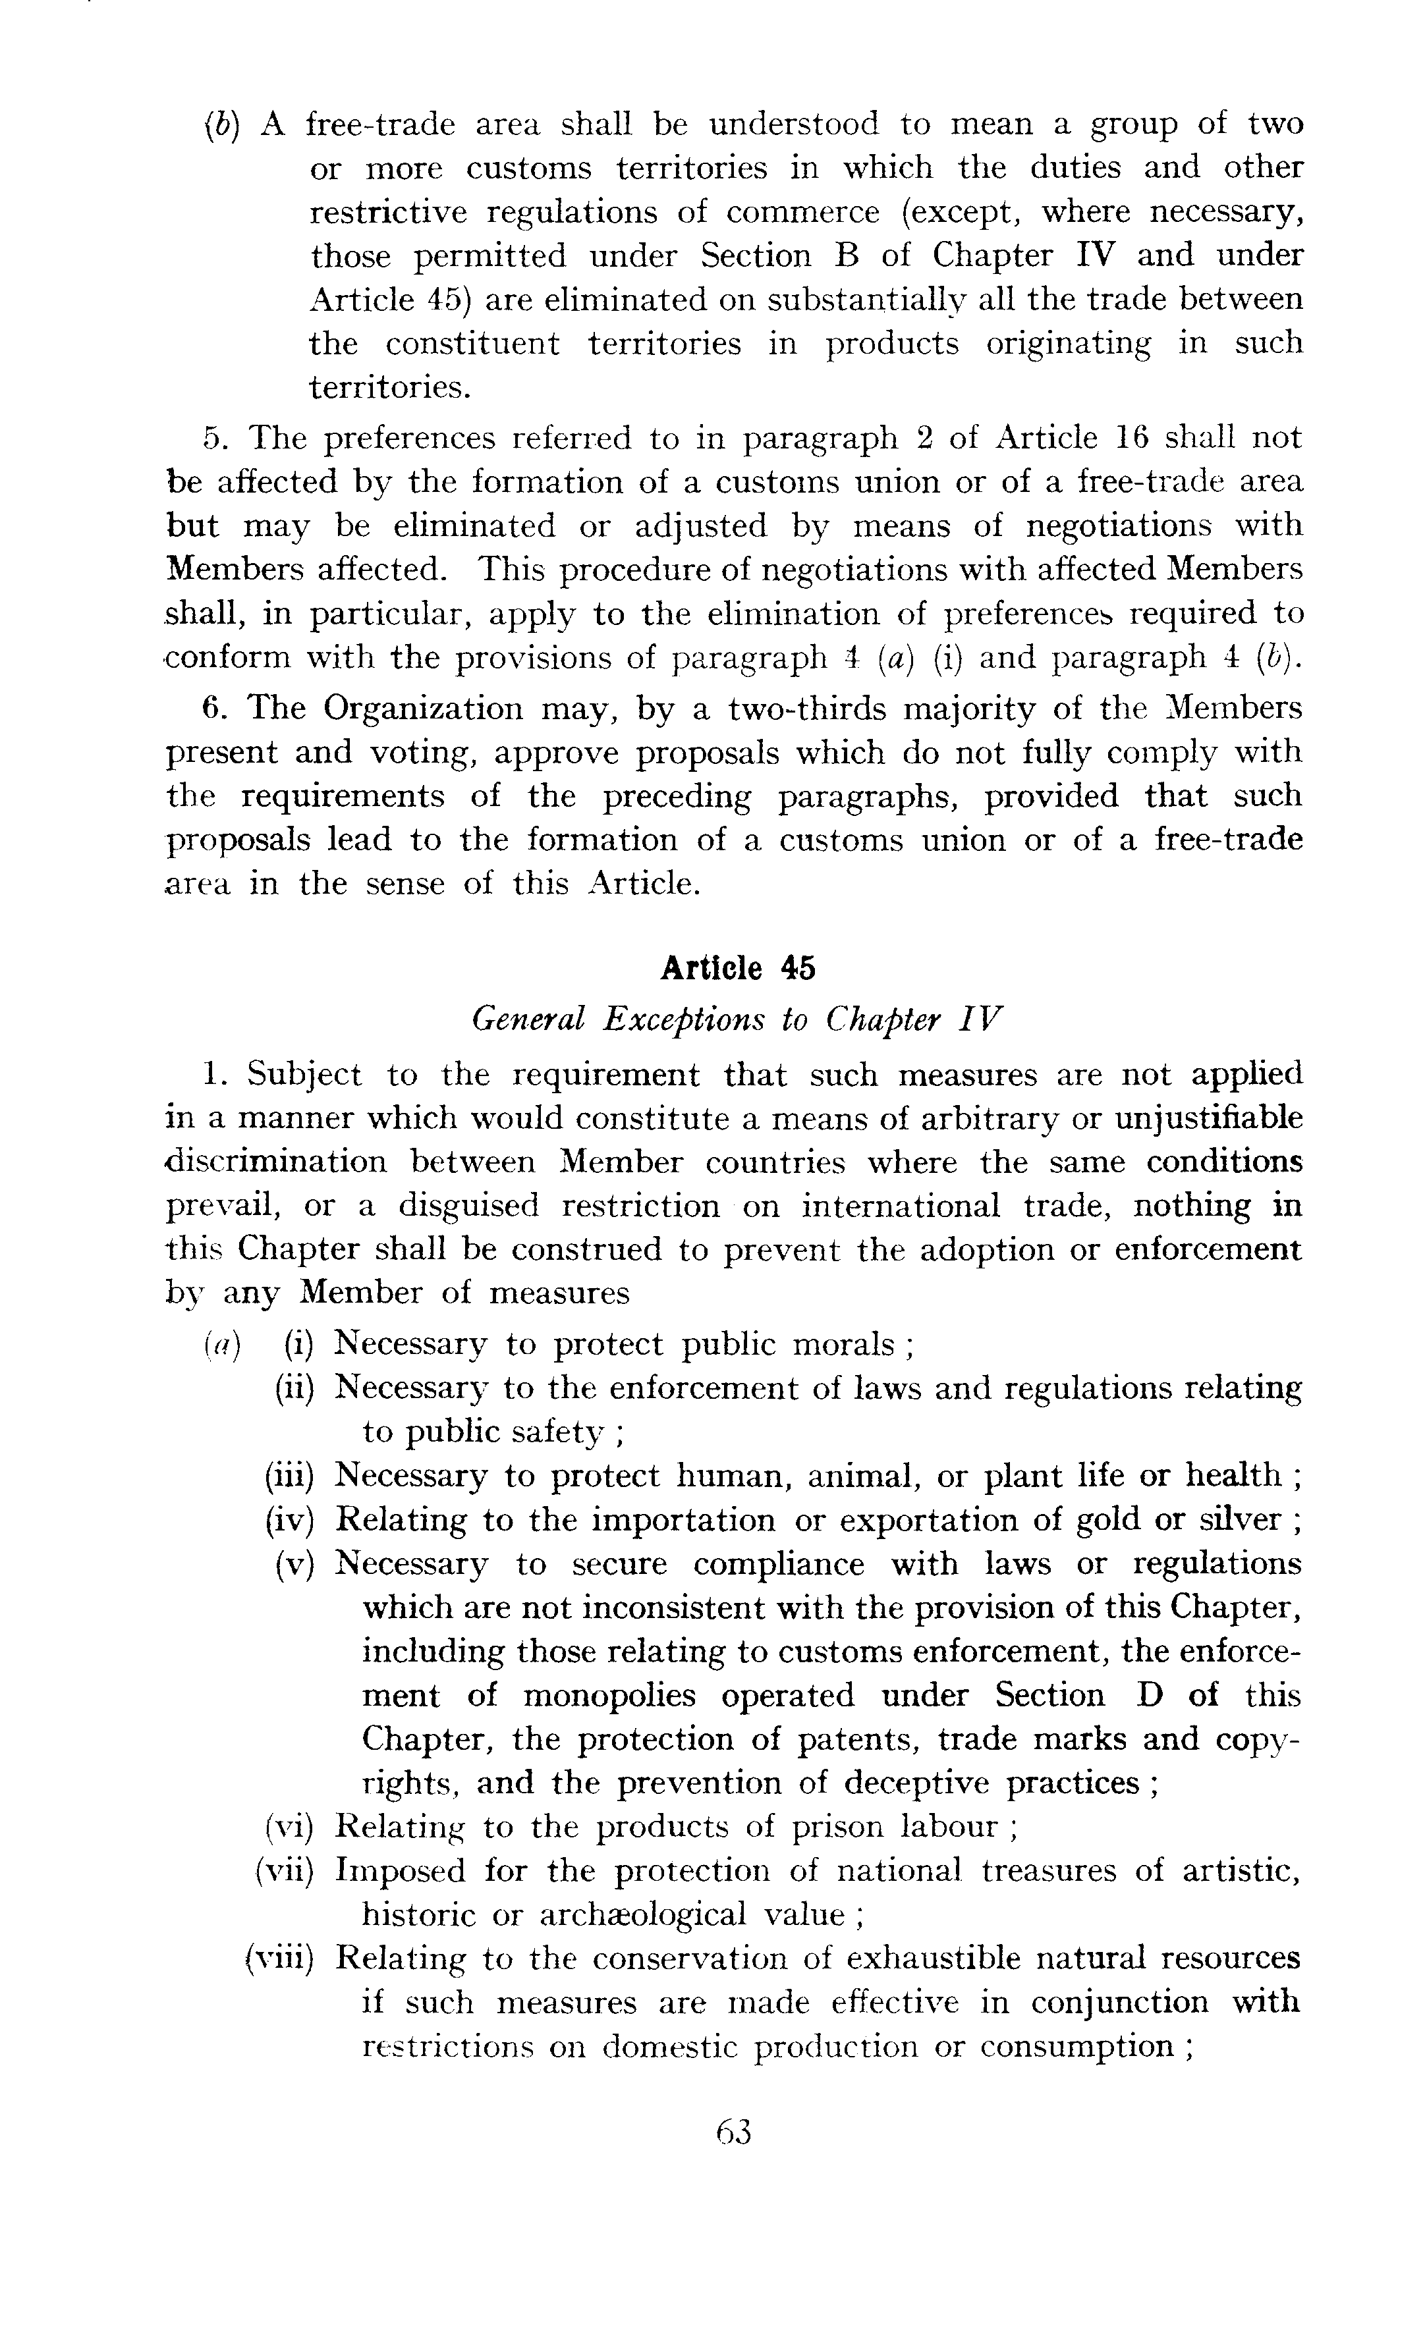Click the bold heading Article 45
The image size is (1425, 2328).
(737, 969)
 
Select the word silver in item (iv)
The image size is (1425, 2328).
(1225, 1519)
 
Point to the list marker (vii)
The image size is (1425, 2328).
(283, 1871)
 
